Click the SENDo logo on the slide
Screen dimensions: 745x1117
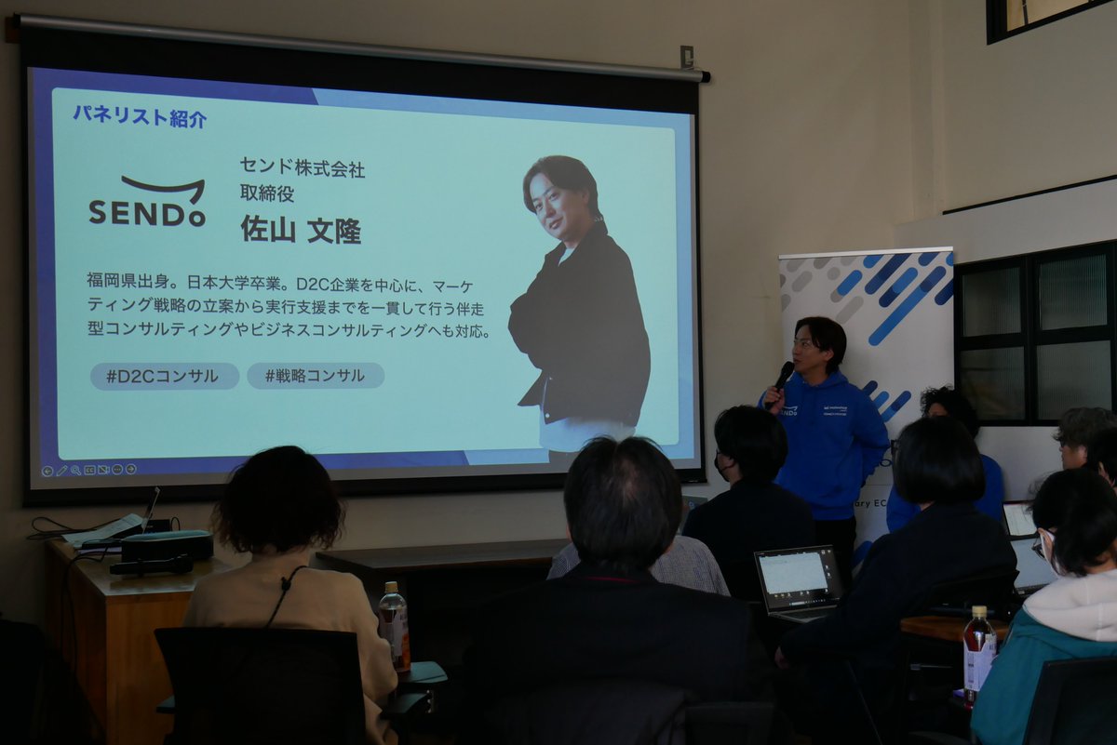(147, 202)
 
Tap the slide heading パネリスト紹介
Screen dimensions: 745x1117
(140, 117)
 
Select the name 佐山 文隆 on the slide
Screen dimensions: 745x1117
(301, 229)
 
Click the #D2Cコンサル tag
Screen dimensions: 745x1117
(164, 376)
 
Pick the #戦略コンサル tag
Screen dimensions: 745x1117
(316, 376)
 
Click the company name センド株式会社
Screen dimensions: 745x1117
(303, 168)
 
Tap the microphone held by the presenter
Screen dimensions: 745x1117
(783, 375)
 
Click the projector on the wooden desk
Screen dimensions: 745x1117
(167, 545)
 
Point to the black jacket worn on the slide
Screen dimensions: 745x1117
(582, 326)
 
